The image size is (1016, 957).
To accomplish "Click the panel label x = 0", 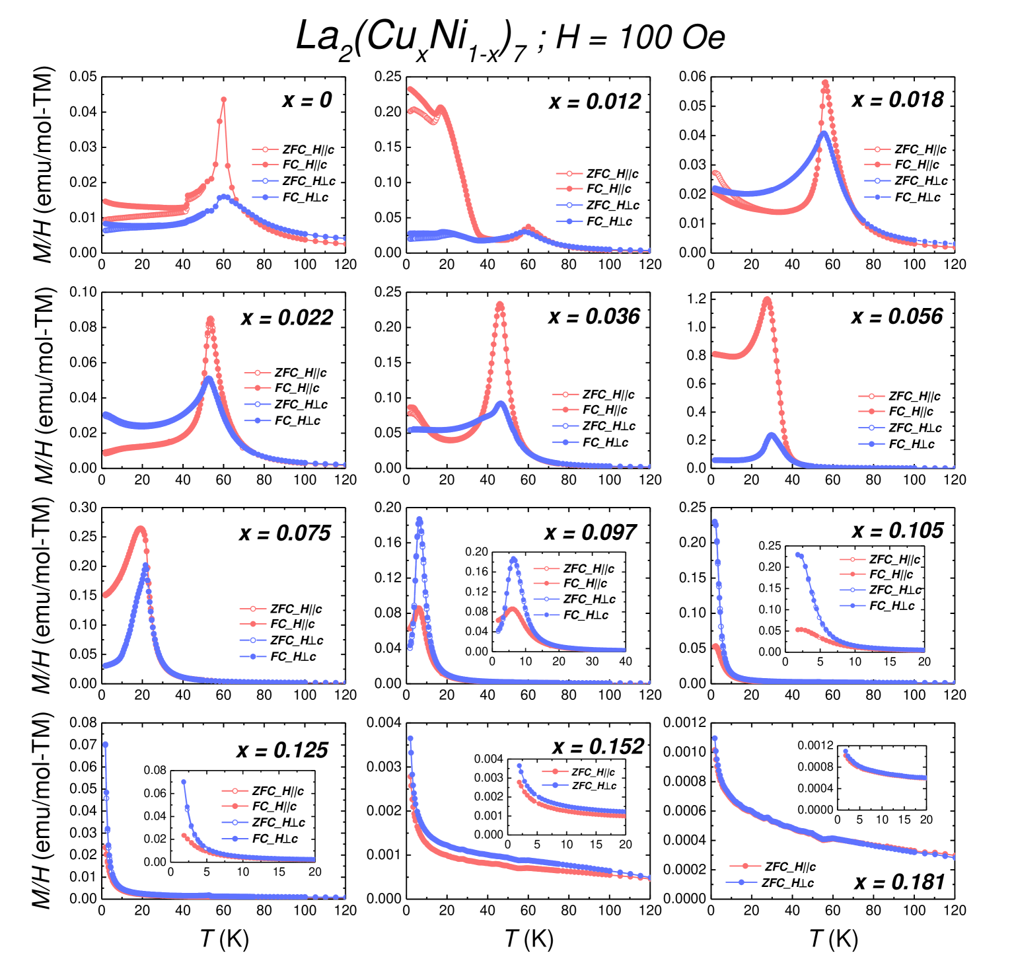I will [x=307, y=100].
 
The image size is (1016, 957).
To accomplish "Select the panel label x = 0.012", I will [x=595, y=102].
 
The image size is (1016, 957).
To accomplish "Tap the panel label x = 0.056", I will [x=896, y=317].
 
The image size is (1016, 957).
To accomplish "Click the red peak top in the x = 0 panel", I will [x=224, y=100].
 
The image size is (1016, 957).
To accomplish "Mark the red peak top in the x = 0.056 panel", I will [x=766, y=299].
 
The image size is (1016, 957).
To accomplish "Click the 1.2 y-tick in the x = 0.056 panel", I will [x=696, y=299].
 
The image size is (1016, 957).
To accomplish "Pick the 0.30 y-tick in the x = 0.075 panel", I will [x=83, y=508].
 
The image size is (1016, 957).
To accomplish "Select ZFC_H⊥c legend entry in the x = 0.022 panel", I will [x=301, y=404].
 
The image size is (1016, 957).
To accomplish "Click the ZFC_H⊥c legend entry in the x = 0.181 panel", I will [x=787, y=883].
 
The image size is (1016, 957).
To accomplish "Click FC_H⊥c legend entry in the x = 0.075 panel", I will [x=293, y=657].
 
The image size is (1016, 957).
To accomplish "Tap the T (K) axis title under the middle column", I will [x=528, y=938].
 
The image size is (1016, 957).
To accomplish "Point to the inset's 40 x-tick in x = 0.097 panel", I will [x=625, y=662].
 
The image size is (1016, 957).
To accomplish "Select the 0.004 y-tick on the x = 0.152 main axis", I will [x=384, y=722].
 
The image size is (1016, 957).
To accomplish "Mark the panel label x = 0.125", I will [x=282, y=750].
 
